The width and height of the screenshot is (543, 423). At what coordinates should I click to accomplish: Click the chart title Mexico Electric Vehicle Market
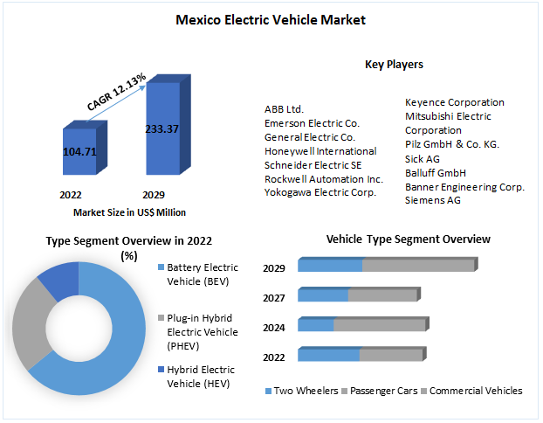270,19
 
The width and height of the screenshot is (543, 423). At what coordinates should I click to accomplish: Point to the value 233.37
162,129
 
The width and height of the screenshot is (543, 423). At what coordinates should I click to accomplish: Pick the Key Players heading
394,64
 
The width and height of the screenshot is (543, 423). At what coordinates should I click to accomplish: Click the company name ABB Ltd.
284,109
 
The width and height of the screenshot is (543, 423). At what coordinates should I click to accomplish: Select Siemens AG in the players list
434,200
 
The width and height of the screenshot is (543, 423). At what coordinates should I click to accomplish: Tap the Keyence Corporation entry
454,102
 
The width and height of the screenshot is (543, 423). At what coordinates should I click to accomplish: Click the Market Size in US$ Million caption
129,212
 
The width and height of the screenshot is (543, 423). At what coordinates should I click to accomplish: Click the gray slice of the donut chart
29,323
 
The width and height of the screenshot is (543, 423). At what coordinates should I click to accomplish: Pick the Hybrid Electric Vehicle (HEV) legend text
201,377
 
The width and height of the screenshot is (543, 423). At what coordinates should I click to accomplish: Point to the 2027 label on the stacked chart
274,298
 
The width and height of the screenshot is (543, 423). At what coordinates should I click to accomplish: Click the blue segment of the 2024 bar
316,325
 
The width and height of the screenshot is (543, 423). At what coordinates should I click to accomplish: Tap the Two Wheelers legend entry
301,391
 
